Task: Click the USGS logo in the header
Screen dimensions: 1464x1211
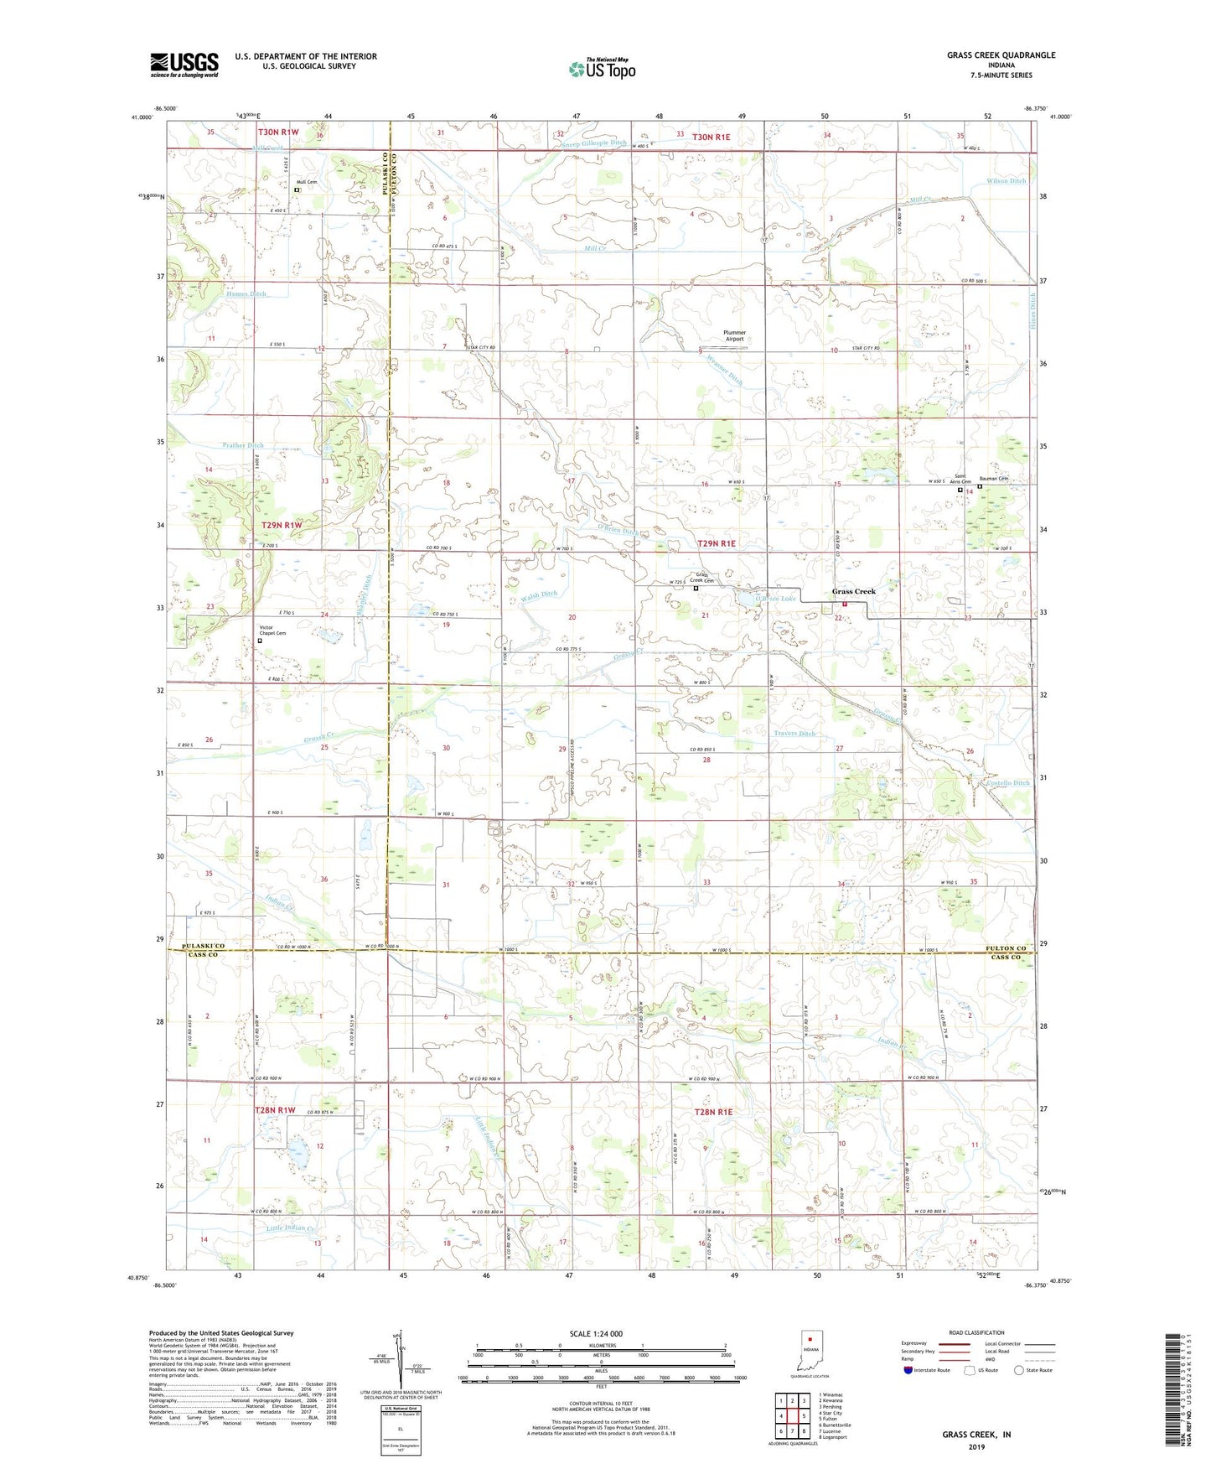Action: click(x=184, y=65)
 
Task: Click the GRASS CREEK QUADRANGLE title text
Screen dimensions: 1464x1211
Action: click(x=1001, y=55)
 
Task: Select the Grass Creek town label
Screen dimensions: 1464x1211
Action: click(x=853, y=591)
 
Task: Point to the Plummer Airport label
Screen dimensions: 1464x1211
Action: click(x=734, y=335)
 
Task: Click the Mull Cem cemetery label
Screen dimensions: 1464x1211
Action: click(x=306, y=182)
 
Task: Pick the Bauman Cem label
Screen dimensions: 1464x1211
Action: click(x=993, y=479)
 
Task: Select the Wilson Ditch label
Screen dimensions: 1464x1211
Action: click(x=1006, y=181)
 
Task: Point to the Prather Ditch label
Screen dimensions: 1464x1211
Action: click(x=243, y=445)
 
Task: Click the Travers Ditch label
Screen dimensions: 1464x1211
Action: click(x=794, y=734)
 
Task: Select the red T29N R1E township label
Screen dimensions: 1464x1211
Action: click(x=717, y=543)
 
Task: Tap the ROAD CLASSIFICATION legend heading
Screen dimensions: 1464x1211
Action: click(x=977, y=1332)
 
